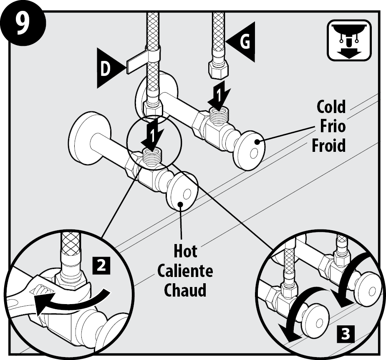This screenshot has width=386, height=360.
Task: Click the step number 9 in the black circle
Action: click(23, 24)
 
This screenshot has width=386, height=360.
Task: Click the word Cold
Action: click(331, 106)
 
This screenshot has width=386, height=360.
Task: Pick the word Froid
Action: click(329, 145)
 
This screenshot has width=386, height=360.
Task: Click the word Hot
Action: click(185, 251)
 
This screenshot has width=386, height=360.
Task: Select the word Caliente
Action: click(185, 271)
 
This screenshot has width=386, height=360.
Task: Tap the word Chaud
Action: click(185, 290)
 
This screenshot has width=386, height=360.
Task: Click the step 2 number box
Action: click(101, 265)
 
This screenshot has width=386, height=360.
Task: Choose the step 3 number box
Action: click(346, 334)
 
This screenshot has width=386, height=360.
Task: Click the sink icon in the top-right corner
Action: click(349, 40)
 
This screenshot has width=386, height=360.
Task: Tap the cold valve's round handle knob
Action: click(250, 150)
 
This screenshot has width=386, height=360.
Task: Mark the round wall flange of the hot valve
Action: click(89, 138)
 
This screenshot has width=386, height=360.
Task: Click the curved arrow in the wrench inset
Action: click(71, 301)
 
